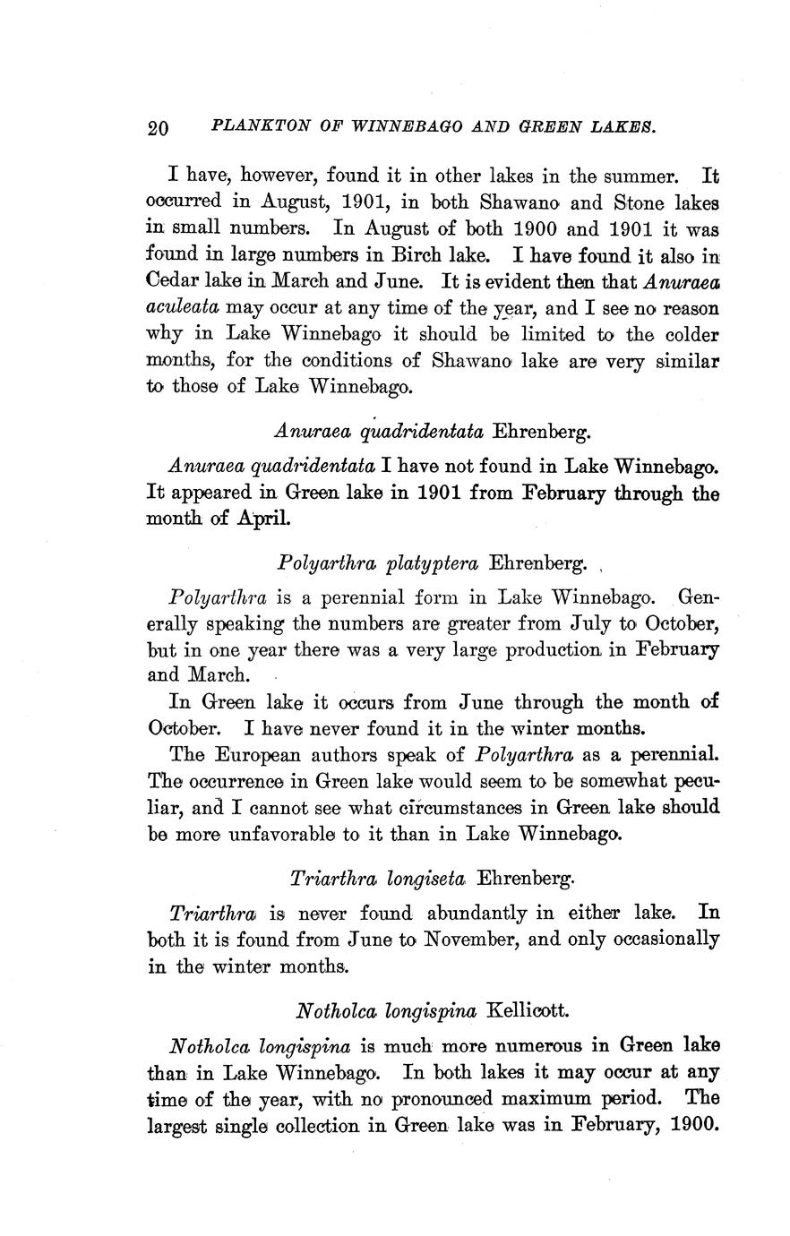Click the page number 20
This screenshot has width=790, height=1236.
click(x=158, y=127)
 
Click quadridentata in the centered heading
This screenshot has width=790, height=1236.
click(x=420, y=432)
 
